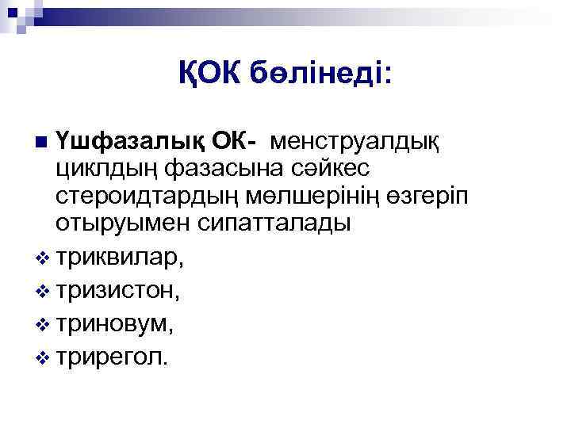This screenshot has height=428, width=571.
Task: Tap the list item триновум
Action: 114,323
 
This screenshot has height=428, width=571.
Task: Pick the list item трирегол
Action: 112,356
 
